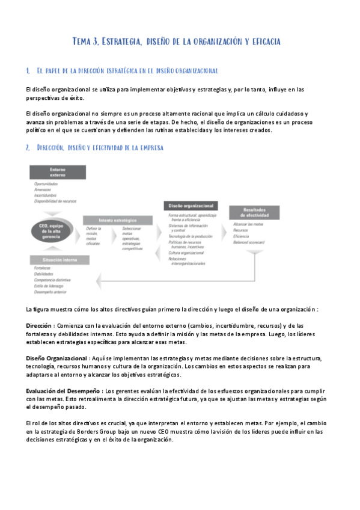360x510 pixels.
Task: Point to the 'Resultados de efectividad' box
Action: point(254,212)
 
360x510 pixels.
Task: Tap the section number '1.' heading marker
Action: point(28,72)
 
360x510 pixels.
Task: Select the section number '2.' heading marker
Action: point(28,147)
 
